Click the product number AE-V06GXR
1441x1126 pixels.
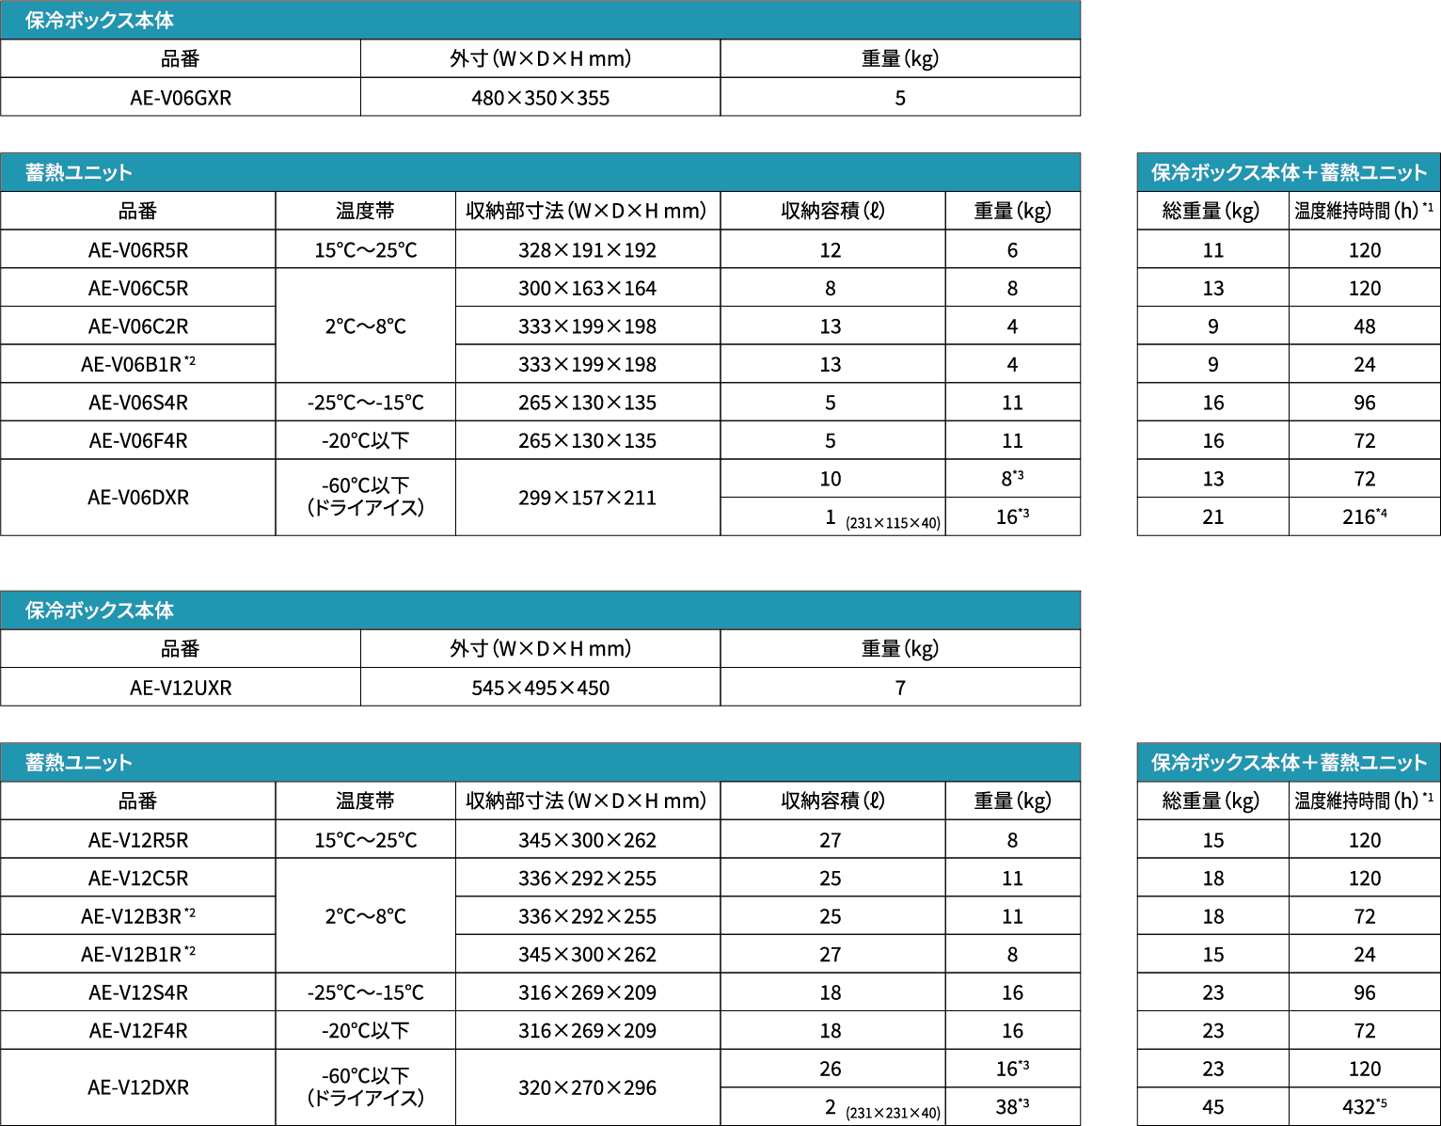(181, 98)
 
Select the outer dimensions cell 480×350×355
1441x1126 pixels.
(540, 98)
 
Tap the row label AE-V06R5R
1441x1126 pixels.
(138, 250)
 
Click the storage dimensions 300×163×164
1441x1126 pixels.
(587, 289)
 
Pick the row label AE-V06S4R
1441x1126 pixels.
(138, 403)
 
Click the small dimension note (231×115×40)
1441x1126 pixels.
(893, 523)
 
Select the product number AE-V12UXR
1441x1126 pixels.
(181, 688)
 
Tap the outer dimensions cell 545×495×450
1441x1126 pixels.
(540, 688)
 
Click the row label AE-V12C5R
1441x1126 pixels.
(138, 879)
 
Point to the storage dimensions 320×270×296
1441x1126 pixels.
(587, 1087)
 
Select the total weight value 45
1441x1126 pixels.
(1212, 1107)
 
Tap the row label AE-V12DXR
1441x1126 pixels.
(138, 1087)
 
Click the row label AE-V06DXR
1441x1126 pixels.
(138, 498)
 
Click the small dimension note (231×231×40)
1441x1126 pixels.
(893, 1113)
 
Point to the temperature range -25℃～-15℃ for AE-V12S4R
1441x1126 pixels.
(365, 992)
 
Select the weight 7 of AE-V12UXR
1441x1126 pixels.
(900, 688)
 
